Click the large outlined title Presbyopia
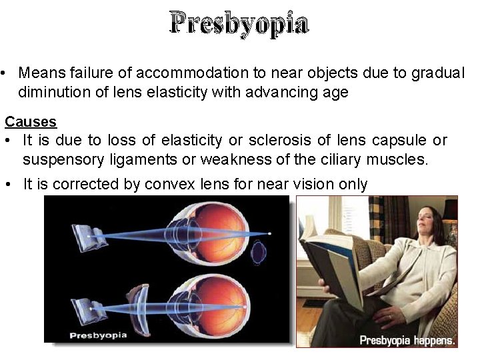point(239,23)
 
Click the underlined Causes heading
point(31,121)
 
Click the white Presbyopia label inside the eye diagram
point(98,334)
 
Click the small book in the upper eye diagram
point(88,235)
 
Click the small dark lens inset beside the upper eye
point(259,253)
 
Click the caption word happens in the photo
point(433,340)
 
